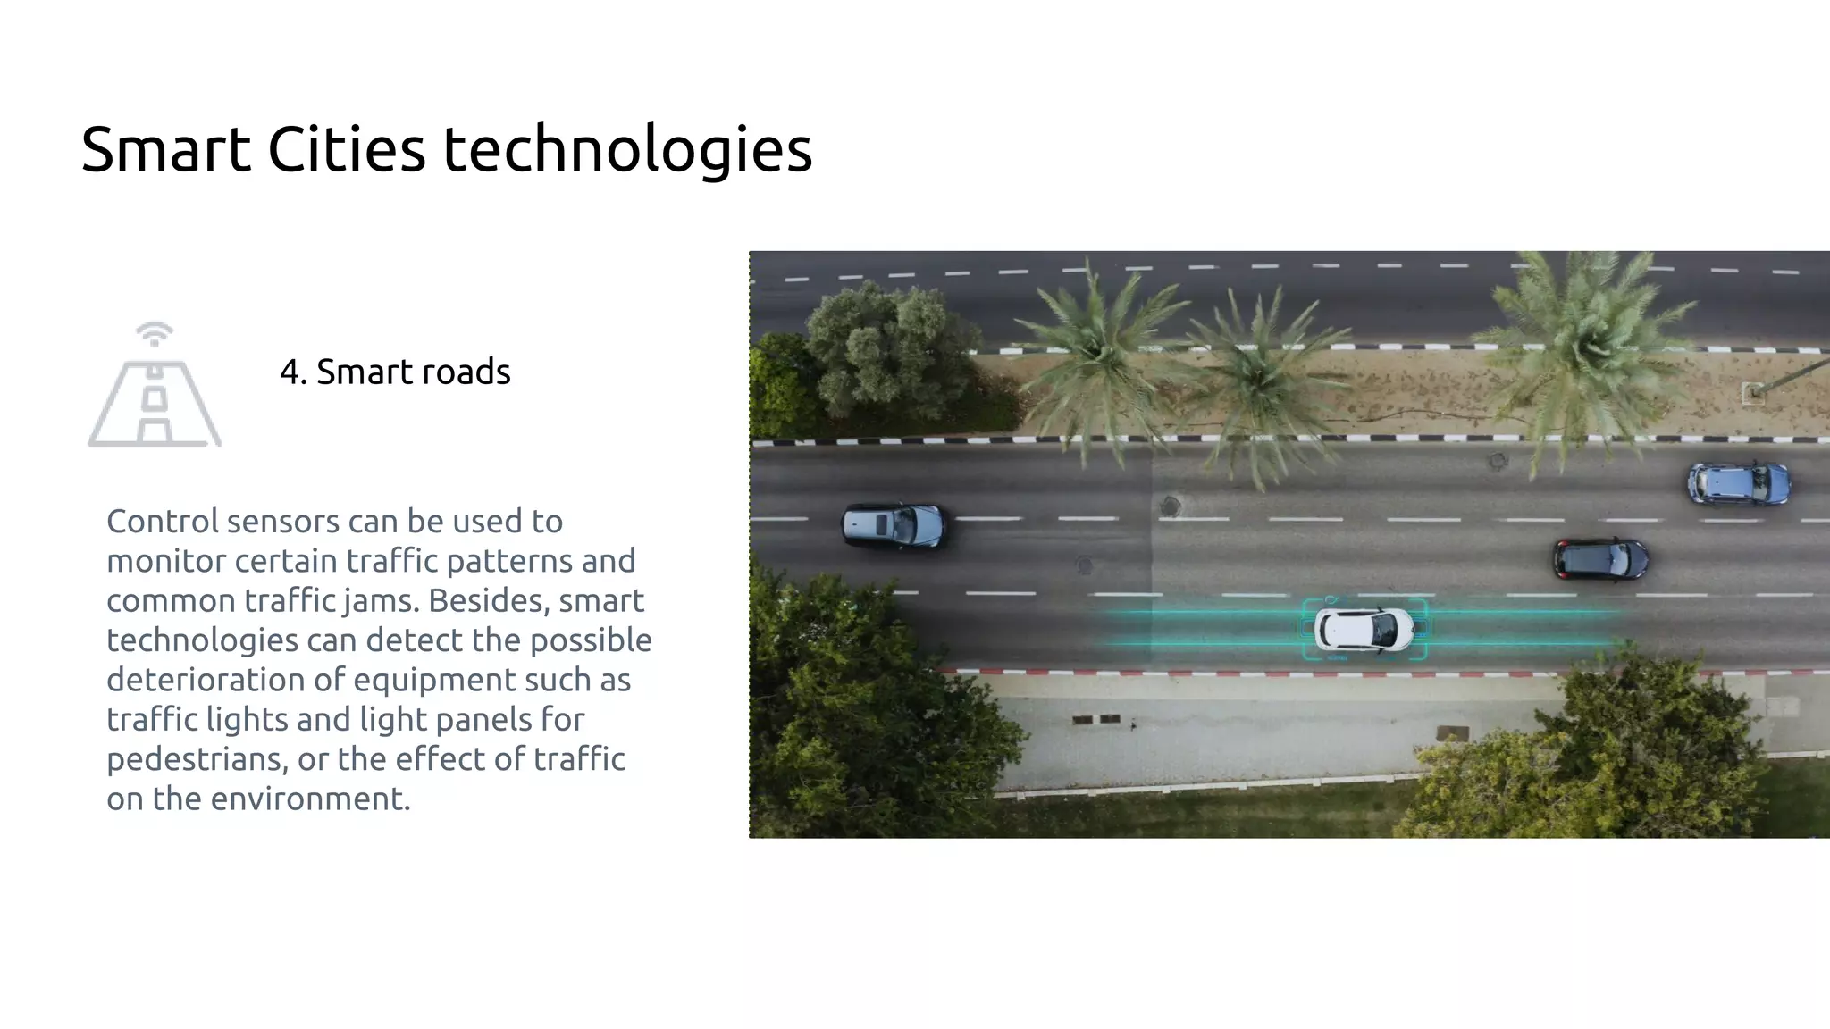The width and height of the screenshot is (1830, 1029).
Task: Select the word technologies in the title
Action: [x=627, y=150]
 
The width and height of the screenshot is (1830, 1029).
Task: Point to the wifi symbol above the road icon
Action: [x=154, y=334]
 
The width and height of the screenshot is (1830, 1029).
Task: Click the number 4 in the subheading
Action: [x=289, y=372]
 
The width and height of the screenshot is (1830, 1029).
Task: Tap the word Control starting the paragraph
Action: [x=163, y=521]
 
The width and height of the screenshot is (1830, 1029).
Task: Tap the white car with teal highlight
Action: [x=1364, y=629]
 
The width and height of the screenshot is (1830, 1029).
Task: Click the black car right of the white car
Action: [x=1600, y=559]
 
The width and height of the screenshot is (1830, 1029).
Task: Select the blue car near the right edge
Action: [x=1738, y=483]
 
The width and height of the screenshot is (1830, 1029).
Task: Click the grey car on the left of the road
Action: [x=893, y=524]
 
